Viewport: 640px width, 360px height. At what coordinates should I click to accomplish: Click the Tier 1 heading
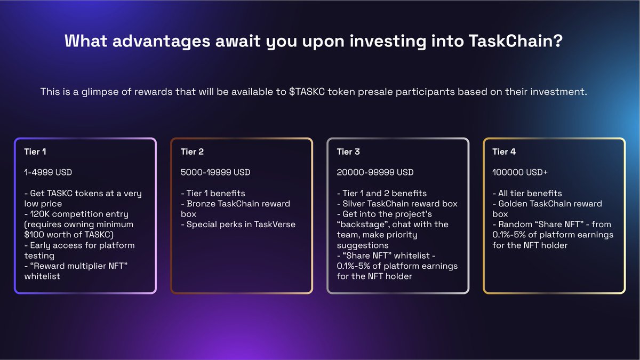point(35,152)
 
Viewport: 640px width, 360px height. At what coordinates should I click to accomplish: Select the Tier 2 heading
point(192,152)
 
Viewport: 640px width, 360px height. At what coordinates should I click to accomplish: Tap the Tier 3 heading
point(348,152)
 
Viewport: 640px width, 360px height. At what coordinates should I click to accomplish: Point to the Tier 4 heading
point(504,152)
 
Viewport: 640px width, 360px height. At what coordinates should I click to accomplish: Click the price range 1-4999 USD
point(48,172)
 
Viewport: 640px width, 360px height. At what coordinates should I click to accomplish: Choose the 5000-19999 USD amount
point(215,172)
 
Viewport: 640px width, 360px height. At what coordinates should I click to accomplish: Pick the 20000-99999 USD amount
point(375,172)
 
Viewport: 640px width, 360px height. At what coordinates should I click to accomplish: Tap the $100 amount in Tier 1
point(35,235)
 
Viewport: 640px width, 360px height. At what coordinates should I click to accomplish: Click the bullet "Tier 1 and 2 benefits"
point(382,193)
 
